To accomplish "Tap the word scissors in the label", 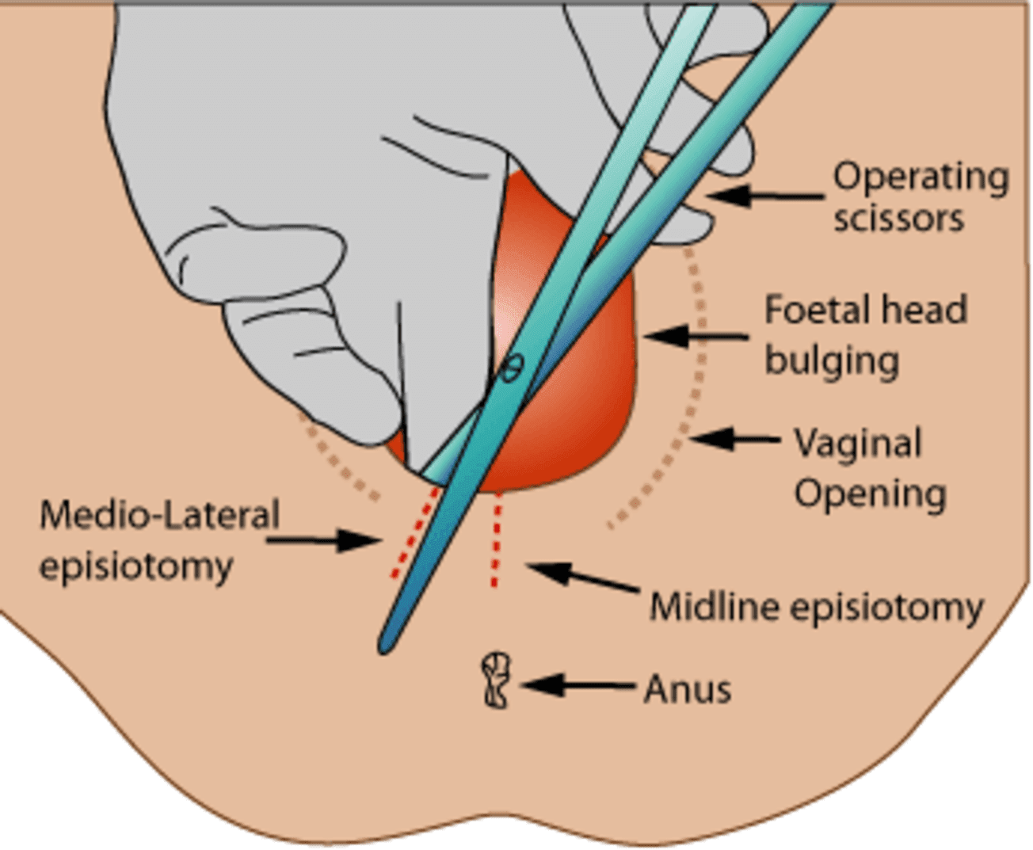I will pos(898,218).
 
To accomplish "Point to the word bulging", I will pos(831,360).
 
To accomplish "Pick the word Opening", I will pos(870,494).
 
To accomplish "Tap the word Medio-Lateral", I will pos(159,515).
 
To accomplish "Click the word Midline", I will pos(715,608).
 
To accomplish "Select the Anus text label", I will pos(687,688).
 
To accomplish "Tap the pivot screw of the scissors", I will pos(513,367).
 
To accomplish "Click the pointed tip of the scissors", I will pos(386,646).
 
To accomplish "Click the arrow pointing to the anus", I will pos(579,685).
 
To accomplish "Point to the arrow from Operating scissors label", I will pos(764,195).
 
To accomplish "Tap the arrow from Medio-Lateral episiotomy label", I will pos(325,541).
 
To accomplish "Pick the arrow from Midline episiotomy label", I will pos(582,576).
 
